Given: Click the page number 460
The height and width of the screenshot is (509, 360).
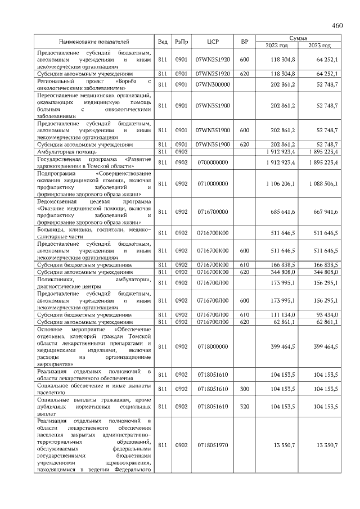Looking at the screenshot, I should (337, 25).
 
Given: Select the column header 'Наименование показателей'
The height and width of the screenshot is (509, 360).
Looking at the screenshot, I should (94, 42).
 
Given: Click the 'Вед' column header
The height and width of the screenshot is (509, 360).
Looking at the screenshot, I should (163, 42).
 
